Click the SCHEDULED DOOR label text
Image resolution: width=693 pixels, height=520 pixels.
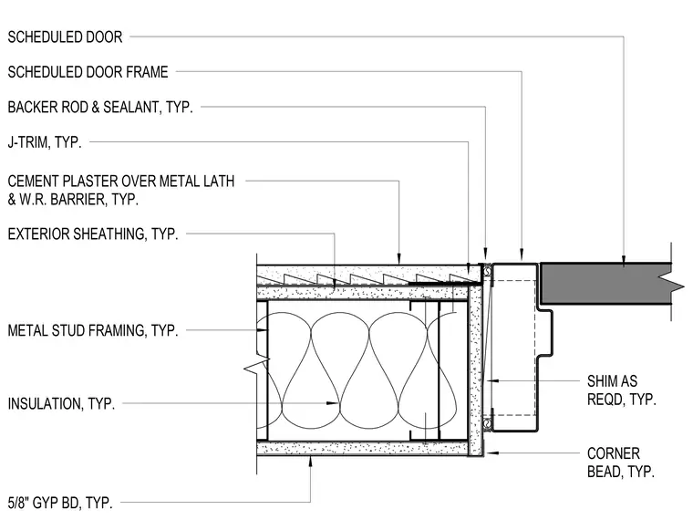65,37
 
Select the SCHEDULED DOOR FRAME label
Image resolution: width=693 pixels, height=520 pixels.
88,72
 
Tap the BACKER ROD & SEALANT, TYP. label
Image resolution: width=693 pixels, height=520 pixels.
100,107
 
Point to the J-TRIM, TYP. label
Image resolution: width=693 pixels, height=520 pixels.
45,142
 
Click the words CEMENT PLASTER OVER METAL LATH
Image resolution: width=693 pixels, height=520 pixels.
121,182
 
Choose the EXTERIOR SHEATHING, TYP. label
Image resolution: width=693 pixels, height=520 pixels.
93,234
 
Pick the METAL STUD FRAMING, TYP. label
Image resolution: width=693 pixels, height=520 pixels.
93,331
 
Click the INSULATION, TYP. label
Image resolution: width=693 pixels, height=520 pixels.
61,404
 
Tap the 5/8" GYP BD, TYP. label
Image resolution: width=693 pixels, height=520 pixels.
60,503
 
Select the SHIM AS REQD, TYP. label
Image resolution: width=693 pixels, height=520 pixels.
621,390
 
